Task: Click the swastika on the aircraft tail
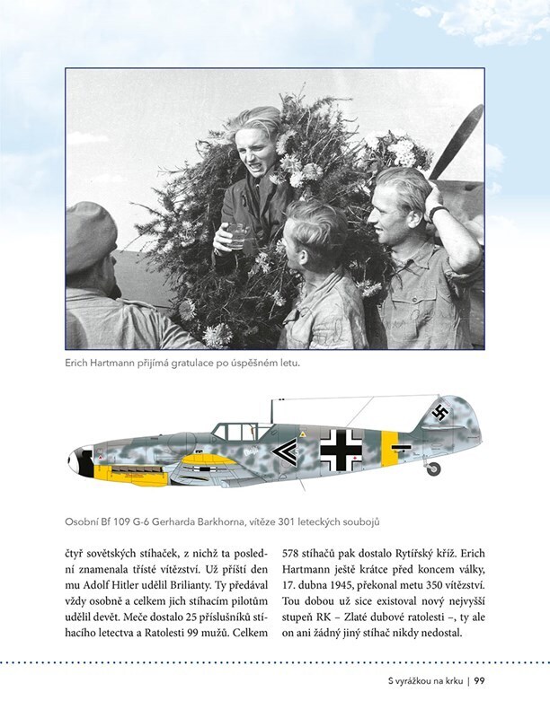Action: tap(439, 413)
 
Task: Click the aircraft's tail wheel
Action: tap(435, 468)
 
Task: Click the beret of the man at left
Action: tap(91, 236)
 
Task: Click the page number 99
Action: tap(480, 681)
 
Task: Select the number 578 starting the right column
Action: tap(294, 554)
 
